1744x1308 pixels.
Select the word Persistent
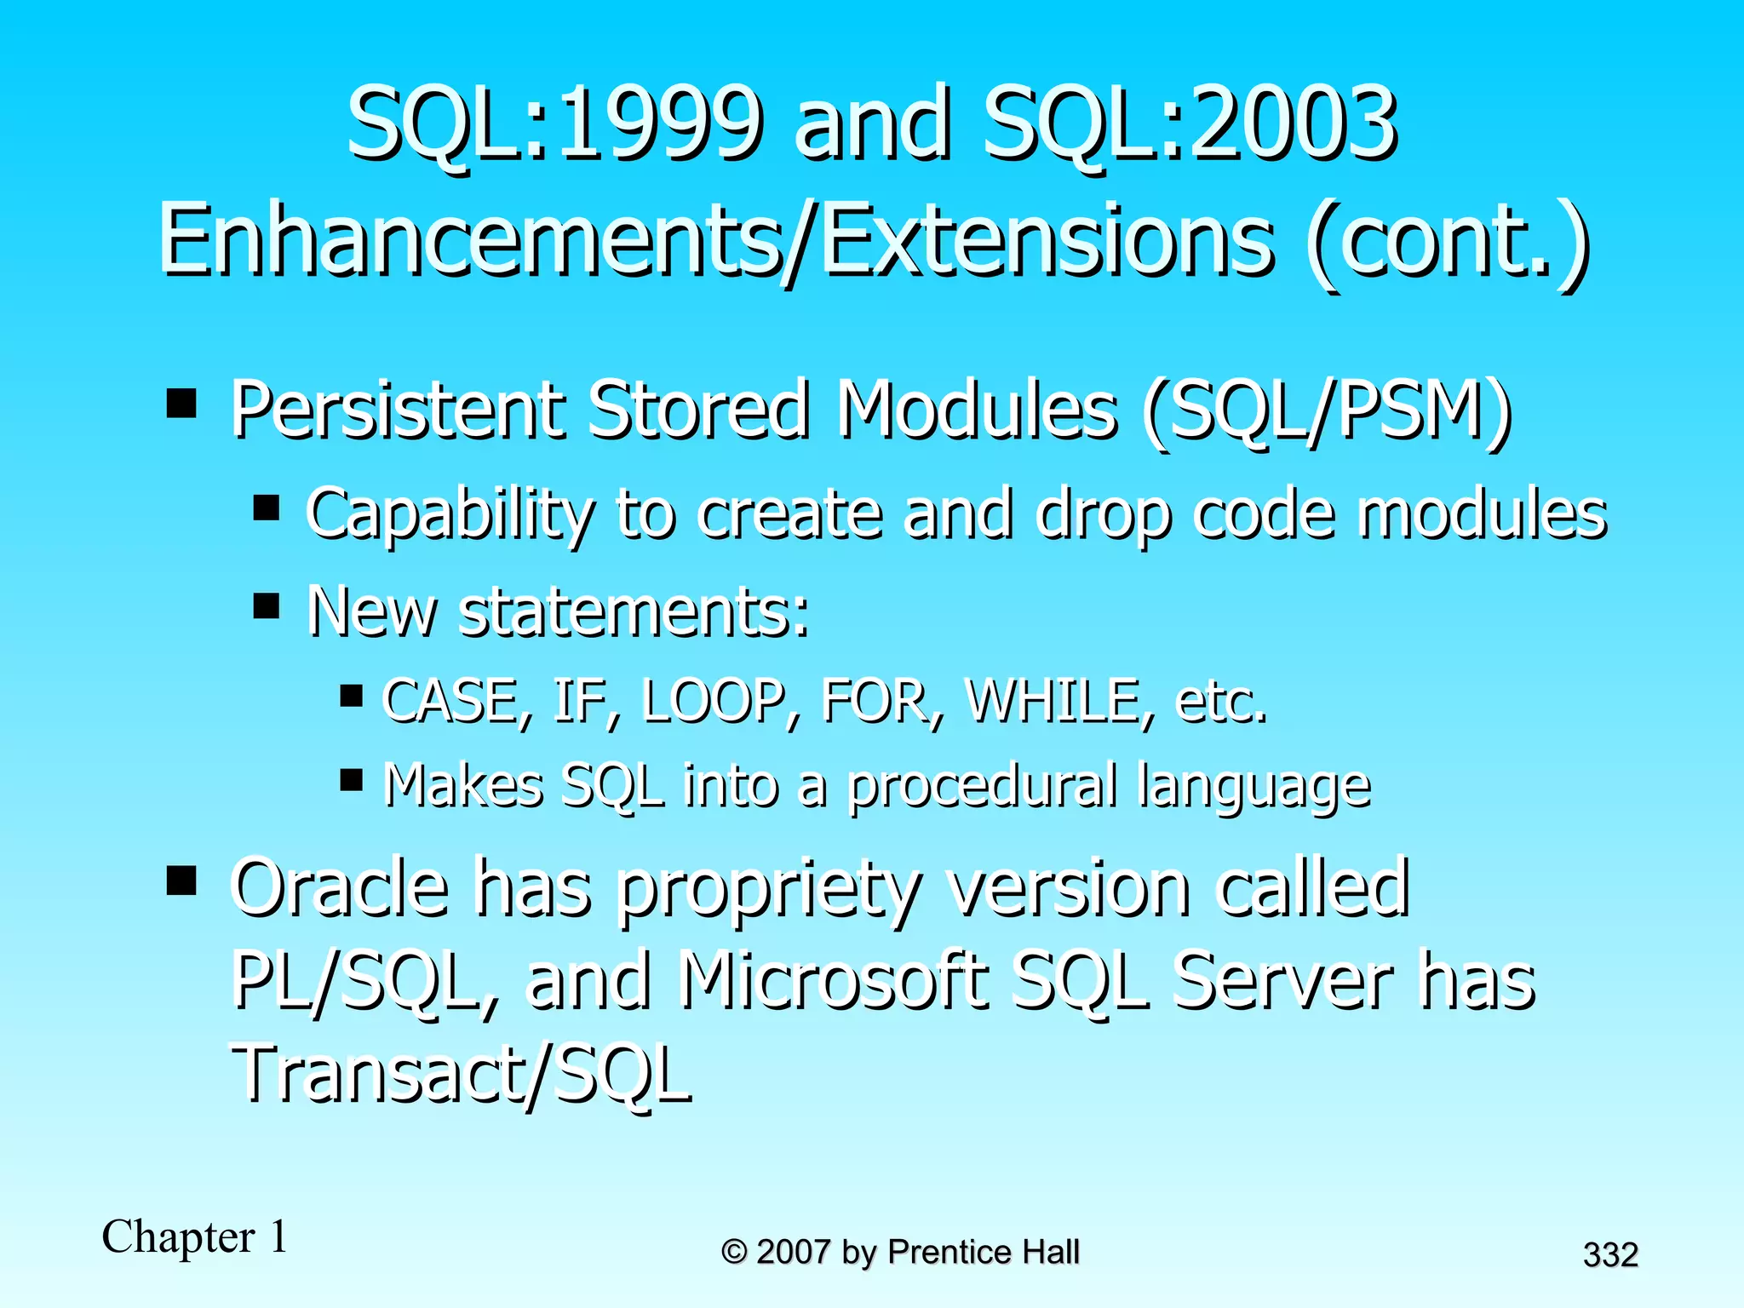tap(395, 411)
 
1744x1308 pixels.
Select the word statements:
tap(634, 611)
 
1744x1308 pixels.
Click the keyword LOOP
tap(713, 701)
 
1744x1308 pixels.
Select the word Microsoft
tap(834, 981)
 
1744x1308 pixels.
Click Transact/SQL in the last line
tap(461, 1075)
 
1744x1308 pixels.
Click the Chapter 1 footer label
tap(195, 1237)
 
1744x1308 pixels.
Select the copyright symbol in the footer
tap(733, 1253)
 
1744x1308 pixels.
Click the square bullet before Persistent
tap(181, 402)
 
